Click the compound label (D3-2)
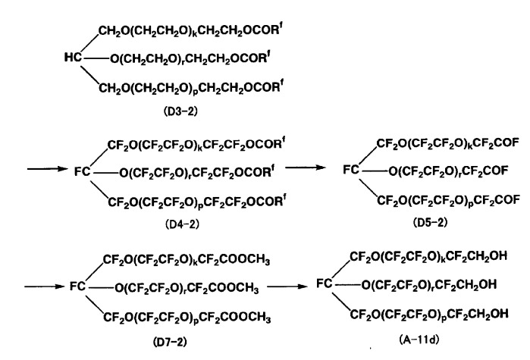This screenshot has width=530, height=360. tap(180, 111)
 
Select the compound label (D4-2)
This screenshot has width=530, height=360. tap(182, 224)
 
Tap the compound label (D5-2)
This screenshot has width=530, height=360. tap(430, 222)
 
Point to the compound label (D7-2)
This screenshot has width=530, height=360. tap(170, 342)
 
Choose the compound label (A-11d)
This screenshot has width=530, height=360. tap(419, 339)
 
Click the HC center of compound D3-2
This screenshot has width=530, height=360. tap(73, 58)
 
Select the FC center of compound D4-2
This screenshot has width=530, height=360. tap(83, 172)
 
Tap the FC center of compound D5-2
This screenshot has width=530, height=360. tap(351, 170)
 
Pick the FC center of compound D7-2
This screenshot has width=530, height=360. tap(78, 286)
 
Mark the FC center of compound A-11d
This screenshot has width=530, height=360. tap(325, 283)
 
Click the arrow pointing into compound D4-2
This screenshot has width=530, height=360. tap(48, 168)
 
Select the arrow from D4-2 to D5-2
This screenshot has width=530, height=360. tap(306, 167)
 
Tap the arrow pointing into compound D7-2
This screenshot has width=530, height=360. tap(44, 286)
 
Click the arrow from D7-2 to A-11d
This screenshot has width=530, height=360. tap(287, 286)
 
